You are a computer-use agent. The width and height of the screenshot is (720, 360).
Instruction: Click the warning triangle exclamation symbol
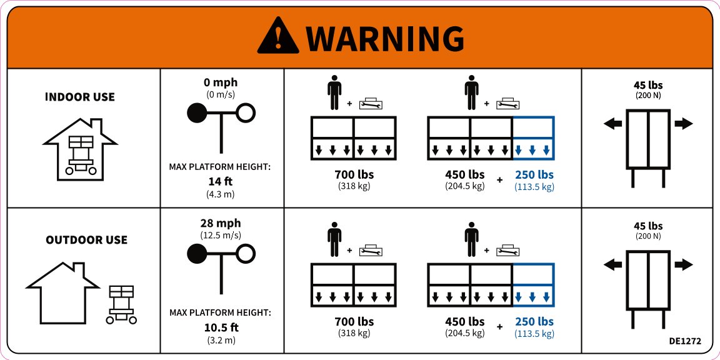(277, 36)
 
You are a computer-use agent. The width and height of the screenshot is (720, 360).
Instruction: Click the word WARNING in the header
(385, 39)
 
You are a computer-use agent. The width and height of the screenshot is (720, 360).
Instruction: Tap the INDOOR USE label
(80, 97)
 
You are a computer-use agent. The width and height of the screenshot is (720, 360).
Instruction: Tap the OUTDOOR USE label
(86, 240)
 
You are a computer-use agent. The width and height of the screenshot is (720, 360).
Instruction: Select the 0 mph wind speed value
(221, 82)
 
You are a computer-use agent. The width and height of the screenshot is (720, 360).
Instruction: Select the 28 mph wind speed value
(221, 224)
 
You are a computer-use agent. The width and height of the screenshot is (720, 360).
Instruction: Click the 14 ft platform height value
(221, 181)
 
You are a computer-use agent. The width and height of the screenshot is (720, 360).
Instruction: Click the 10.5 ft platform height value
(221, 328)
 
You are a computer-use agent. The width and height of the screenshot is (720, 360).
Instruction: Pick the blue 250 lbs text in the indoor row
(534, 175)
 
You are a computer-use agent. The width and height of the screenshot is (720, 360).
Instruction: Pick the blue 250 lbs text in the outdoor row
(534, 322)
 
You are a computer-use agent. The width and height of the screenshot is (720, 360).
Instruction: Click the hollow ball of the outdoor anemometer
(246, 254)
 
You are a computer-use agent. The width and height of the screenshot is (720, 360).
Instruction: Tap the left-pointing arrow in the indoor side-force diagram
(612, 124)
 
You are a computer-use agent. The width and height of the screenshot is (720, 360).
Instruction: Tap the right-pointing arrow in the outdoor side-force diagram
(684, 264)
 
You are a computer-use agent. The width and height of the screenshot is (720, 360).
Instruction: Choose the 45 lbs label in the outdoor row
(648, 226)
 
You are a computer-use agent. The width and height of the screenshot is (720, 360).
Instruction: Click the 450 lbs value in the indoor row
(465, 175)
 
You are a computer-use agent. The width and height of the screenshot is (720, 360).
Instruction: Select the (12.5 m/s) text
(221, 235)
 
